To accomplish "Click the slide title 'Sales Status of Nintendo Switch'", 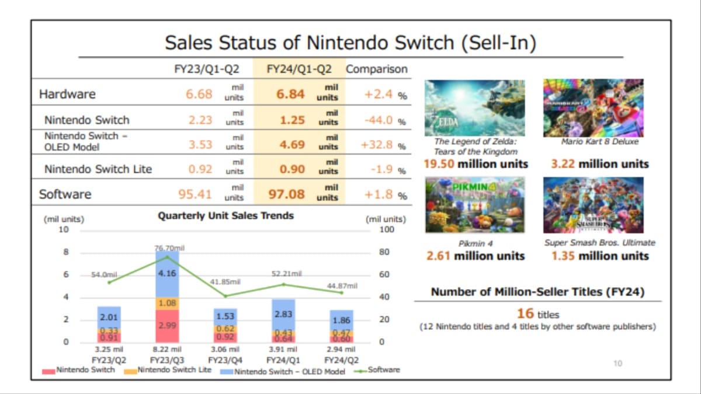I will point(350,43).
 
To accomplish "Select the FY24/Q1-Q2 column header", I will point(299,69).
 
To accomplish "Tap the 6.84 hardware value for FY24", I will point(291,94).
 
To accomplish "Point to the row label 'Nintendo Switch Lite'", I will point(98,169).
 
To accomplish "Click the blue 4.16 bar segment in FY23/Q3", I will point(167,273).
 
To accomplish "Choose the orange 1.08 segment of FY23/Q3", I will point(167,303).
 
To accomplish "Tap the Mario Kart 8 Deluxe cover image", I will point(593,107).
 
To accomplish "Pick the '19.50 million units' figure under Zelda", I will point(476,164).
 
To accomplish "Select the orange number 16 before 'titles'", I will point(525,313).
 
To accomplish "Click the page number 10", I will point(617,364).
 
